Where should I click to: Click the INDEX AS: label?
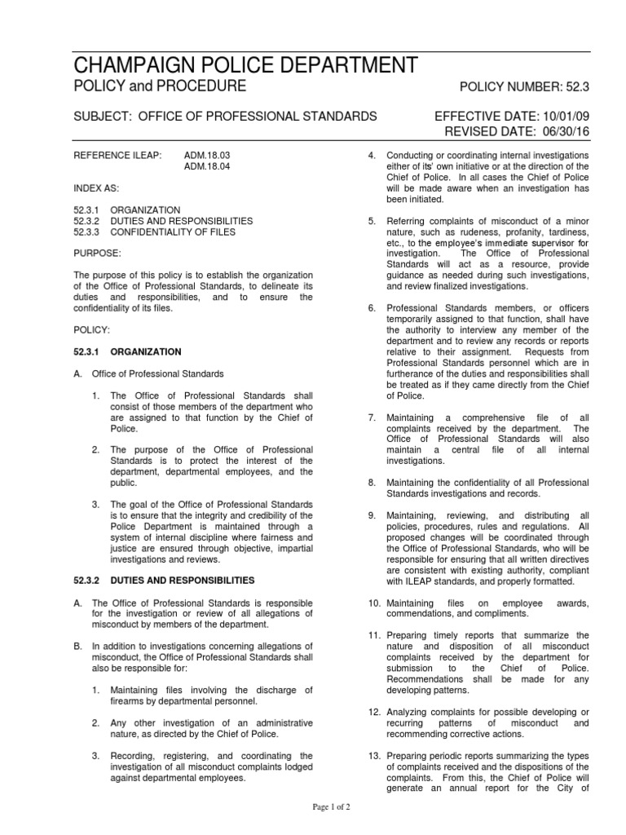pos(95,188)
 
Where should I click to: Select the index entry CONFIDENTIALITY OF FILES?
pos(174,232)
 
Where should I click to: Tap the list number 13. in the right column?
pos(373,755)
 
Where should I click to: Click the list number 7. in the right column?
pos(372,417)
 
